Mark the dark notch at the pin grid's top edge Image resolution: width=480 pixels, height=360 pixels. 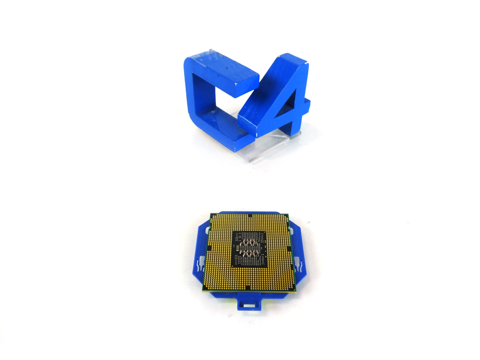[x=251, y=215]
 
